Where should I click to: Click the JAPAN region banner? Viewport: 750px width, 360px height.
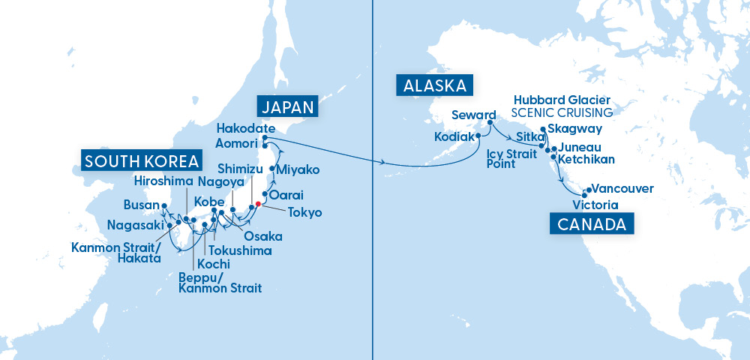pyautogui.click(x=287, y=106)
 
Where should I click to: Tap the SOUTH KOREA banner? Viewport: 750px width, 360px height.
pyautogui.click(x=142, y=160)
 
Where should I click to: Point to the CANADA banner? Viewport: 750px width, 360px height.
pyautogui.click(x=592, y=223)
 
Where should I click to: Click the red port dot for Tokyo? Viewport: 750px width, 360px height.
pyautogui.click(x=258, y=203)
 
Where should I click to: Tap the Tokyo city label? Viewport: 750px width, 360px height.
pyautogui.click(x=304, y=212)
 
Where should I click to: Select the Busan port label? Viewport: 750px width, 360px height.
pyautogui.click(x=142, y=205)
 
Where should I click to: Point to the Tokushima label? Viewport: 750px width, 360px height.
pyautogui.click(x=240, y=250)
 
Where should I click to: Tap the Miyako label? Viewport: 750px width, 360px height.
pyautogui.click(x=298, y=170)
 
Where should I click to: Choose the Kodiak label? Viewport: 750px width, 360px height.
pyautogui.click(x=454, y=136)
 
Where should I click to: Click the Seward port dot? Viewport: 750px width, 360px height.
pyautogui.click(x=491, y=124)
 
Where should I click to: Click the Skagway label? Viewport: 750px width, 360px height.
pyautogui.click(x=570, y=129)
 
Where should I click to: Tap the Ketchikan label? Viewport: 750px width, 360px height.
pyautogui.click(x=586, y=159)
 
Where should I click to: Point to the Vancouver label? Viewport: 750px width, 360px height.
pyautogui.click(x=622, y=189)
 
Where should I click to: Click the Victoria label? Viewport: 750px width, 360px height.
pyautogui.click(x=594, y=204)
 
